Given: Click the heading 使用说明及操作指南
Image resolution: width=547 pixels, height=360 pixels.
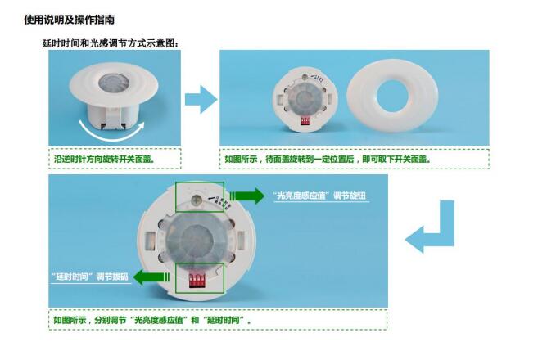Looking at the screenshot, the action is (x=69, y=20).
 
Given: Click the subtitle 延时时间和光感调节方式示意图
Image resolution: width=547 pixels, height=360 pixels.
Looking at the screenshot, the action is (x=111, y=43).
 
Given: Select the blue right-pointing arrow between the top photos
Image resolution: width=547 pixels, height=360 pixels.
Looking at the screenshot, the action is (x=201, y=99).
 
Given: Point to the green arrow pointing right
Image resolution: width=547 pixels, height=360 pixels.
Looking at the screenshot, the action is (x=247, y=196).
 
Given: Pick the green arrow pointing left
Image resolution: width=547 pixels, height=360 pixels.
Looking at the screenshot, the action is (x=151, y=277).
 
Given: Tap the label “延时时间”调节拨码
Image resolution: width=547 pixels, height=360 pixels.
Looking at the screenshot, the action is (x=90, y=277).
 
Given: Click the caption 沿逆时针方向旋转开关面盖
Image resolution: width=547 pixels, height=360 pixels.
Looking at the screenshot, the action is (x=104, y=160).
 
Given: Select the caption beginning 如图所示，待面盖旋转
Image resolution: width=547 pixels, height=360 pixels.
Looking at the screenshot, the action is (x=328, y=160).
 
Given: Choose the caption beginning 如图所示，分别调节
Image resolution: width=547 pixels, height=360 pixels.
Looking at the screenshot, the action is (x=152, y=320).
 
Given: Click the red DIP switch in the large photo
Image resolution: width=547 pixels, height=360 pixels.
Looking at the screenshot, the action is (x=197, y=280).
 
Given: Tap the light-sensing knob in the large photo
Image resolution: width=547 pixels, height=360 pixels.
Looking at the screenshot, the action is (x=196, y=200).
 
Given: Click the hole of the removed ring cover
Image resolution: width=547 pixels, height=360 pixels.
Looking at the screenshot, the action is (x=392, y=96).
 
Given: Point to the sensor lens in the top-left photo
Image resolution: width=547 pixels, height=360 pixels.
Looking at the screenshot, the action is (x=114, y=83).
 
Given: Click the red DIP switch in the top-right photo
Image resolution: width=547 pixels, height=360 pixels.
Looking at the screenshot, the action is (x=305, y=121).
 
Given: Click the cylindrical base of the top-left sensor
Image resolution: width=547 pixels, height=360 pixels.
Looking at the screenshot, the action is (x=113, y=117).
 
